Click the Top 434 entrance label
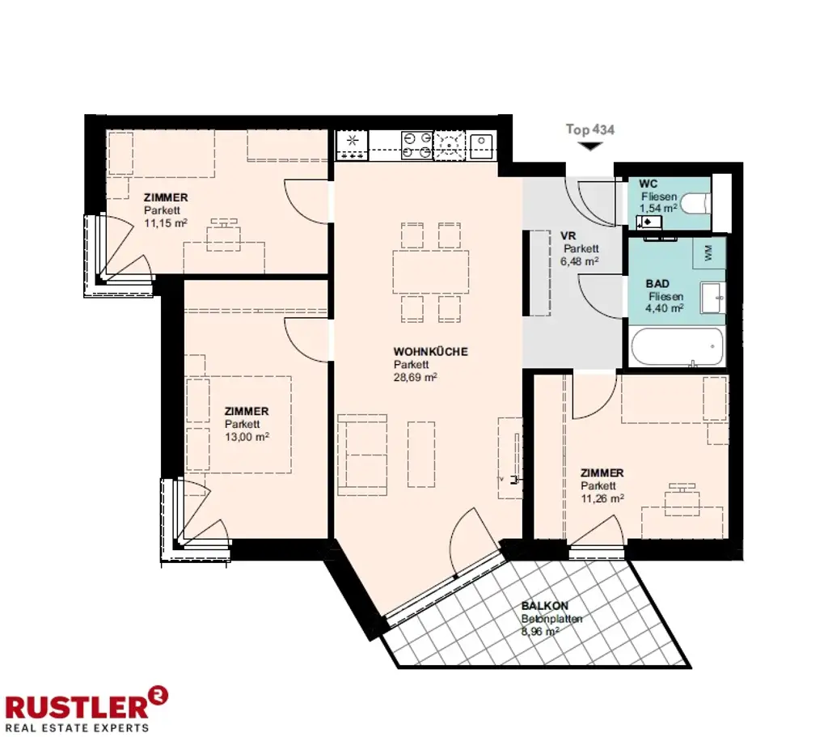[590, 129]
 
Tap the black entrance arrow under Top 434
[591, 146]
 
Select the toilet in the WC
[695, 202]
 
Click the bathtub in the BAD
[677, 346]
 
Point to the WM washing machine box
[709, 253]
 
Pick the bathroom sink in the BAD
[712, 297]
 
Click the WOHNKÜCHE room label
[430, 352]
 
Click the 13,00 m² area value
[247, 436]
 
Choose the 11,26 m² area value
[602, 498]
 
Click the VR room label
[568, 236]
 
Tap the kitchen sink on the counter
[482, 146]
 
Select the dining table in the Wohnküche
[431, 271]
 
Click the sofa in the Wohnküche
[361, 454]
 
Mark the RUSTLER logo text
[77, 705]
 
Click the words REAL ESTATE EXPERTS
[77, 726]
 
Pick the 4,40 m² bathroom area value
[665, 308]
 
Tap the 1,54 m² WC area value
[656, 208]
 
